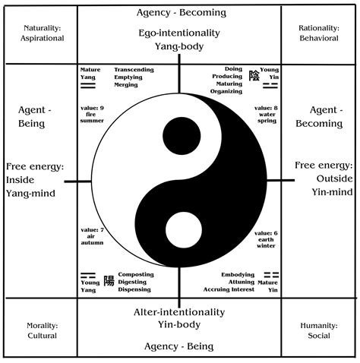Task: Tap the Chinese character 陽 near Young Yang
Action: click(108, 280)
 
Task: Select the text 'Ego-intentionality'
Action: click(179, 33)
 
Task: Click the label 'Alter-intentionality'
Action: click(179, 311)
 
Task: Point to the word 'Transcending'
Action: click(133, 70)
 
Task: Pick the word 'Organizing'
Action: click(226, 92)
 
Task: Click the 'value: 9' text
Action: click(92, 108)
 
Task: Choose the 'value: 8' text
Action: click(266, 108)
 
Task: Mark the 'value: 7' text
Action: click(92, 229)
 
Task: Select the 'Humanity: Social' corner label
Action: click(317, 330)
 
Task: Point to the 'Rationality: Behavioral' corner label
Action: click(317, 32)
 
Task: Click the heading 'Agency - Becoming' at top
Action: click(179, 13)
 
